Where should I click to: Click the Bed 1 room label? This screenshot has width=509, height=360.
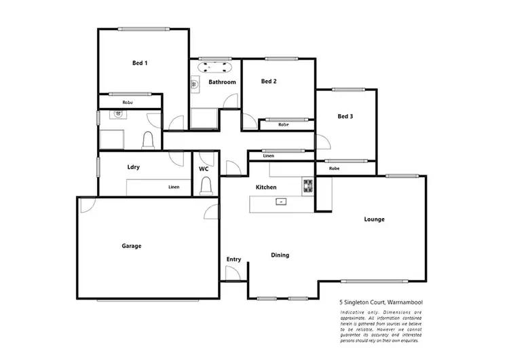pyautogui.click(x=140, y=63)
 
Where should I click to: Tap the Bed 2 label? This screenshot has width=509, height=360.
pyautogui.click(x=269, y=82)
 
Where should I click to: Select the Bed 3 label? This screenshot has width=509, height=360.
pyautogui.click(x=345, y=116)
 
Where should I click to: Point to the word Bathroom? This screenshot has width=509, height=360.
pyautogui.click(x=222, y=82)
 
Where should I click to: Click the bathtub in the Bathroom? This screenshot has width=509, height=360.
pyautogui.click(x=215, y=67)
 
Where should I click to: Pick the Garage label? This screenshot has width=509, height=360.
pyautogui.click(x=132, y=246)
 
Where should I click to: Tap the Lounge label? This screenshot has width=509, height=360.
pyautogui.click(x=375, y=219)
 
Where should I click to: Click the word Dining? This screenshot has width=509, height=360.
pyautogui.click(x=280, y=255)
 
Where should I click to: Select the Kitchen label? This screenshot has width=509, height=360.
pyautogui.click(x=265, y=187)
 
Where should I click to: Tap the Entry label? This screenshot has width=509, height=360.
pyautogui.click(x=233, y=259)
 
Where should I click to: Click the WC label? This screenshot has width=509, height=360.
pyautogui.click(x=204, y=168)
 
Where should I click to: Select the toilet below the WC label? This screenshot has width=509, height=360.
pyautogui.click(x=205, y=185)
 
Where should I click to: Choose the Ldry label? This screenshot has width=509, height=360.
pyautogui.click(x=134, y=167)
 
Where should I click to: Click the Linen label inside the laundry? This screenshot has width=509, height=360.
pyautogui.click(x=174, y=187)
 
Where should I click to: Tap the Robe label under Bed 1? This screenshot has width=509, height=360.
pyautogui.click(x=128, y=103)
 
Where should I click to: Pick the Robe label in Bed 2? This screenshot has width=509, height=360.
pyautogui.click(x=284, y=125)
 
